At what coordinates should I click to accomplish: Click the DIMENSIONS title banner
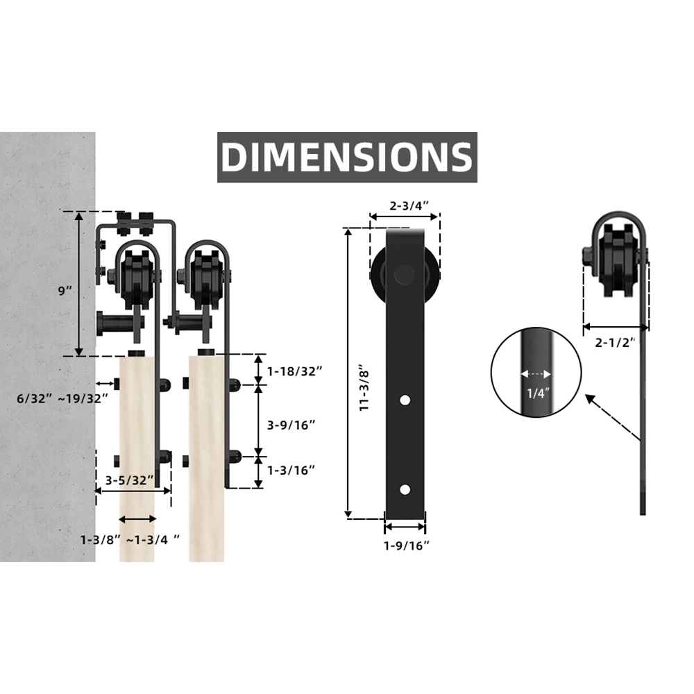click(347, 158)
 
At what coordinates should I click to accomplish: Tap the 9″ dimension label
click(65, 290)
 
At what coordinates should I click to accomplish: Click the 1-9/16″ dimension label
click(407, 545)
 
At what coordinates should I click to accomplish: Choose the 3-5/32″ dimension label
click(129, 479)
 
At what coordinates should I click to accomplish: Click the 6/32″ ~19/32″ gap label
click(62, 398)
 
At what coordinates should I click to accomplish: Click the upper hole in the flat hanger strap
click(404, 400)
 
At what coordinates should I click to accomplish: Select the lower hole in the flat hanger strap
click(404, 489)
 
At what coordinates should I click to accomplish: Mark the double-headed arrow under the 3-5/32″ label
click(133, 491)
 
